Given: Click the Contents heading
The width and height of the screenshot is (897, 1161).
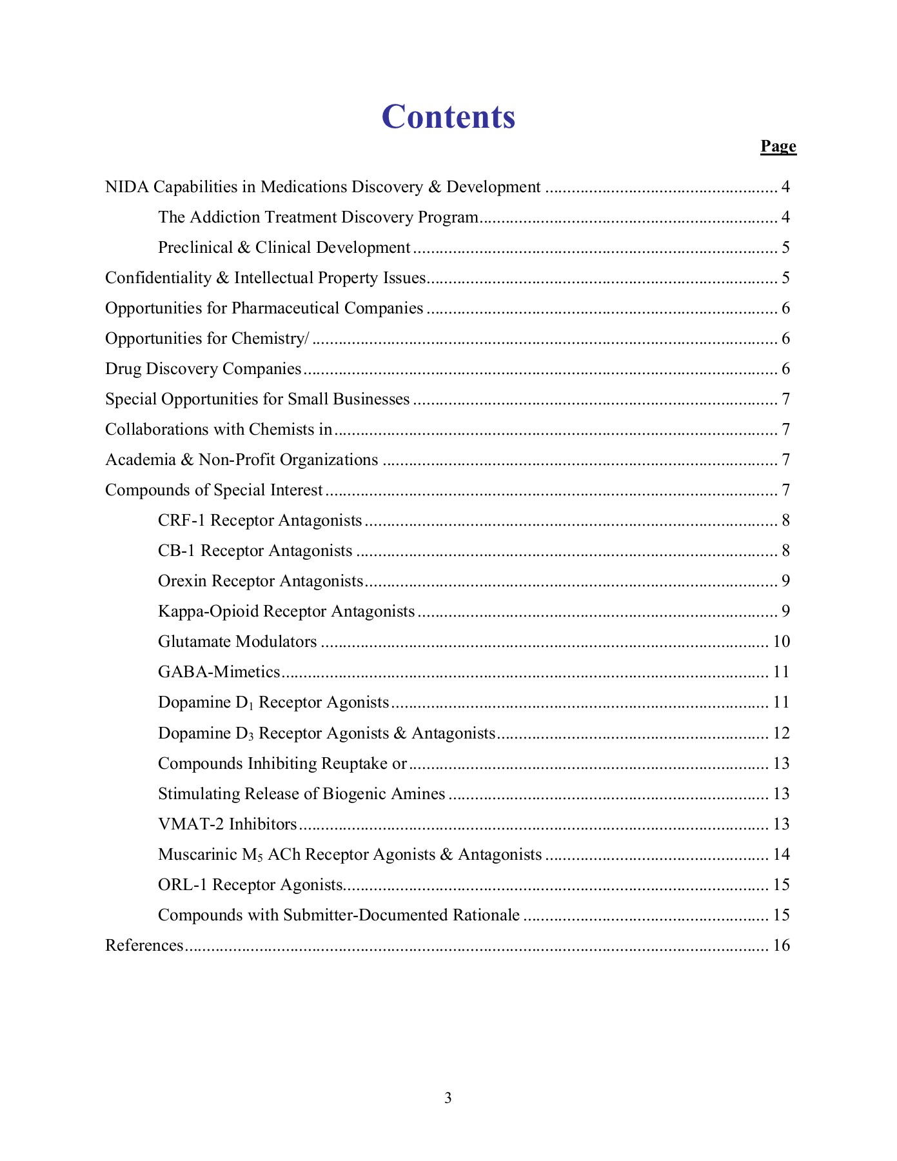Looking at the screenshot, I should [x=448, y=117].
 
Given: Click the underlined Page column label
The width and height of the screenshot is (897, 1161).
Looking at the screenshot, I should [x=778, y=146].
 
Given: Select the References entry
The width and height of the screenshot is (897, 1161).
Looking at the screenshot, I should [x=144, y=946].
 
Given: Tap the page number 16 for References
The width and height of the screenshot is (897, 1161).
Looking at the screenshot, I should [x=782, y=946].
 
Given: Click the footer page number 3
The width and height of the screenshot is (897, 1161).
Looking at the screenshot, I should [x=448, y=1098].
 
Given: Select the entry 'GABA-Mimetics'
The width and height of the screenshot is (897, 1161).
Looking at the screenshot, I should [x=219, y=672].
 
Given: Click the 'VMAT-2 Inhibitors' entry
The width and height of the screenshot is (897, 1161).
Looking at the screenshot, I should [x=228, y=824].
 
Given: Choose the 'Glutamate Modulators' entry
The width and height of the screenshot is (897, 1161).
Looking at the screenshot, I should [x=237, y=642].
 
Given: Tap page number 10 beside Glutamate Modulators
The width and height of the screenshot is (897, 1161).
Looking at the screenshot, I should [x=782, y=642].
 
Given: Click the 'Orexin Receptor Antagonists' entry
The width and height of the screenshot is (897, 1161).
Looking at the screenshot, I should [x=261, y=581].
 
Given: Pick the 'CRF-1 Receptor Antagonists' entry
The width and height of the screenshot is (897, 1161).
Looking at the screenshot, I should [x=260, y=521].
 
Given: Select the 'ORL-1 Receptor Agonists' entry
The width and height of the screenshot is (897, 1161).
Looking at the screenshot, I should [x=250, y=885].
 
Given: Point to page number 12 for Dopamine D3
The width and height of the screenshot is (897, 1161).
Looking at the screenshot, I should [x=782, y=733].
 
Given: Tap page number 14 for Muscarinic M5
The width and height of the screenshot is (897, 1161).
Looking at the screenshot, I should [x=782, y=855].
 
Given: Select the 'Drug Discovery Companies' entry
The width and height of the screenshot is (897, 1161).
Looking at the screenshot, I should [x=203, y=369].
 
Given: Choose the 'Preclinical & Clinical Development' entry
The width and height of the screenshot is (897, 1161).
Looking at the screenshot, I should [x=284, y=248].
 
